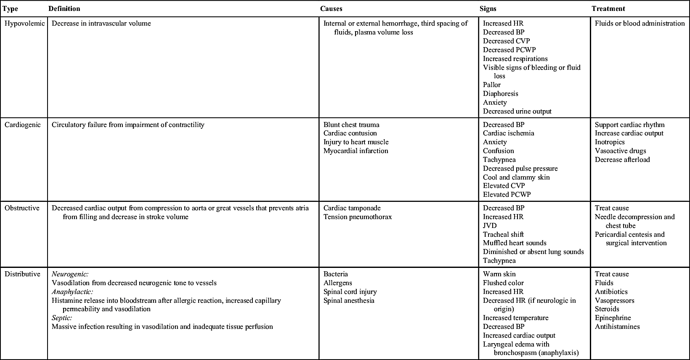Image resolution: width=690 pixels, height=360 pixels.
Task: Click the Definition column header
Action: pyautogui.click(x=64, y=8)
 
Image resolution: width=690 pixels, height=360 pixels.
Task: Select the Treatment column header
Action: pyautogui.click(x=608, y=8)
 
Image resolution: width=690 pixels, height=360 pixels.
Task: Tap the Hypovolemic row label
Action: pyautogui.click(x=24, y=24)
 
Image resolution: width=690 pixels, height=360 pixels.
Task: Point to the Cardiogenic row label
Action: pyautogui.click(x=23, y=124)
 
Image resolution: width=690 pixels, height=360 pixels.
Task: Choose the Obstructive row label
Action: pyautogui.click(x=22, y=208)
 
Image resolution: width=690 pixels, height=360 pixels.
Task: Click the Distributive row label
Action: pyautogui.click(x=22, y=274)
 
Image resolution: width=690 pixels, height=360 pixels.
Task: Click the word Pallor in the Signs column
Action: pyautogui.click(x=491, y=85)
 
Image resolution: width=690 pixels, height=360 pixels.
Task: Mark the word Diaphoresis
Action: pyautogui.click(x=500, y=94)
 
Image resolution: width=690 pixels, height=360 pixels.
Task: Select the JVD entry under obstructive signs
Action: pyautogui.click(x=490, y=225)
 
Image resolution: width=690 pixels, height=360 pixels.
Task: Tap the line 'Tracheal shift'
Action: pyautogui.click(x=503, y=234)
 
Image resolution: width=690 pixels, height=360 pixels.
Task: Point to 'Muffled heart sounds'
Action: pyautogui.click(x=515, y=243)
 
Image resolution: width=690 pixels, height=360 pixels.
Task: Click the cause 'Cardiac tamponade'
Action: pyautogui.click(x=352, y=208)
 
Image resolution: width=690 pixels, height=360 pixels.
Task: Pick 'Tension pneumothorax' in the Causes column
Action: pyautogui.click(x=357, y=217)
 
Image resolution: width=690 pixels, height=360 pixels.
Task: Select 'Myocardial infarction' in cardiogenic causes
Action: pyautogui.click(x=356, y=151)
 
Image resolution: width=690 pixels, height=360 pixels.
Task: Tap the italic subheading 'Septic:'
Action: pyautogui.click(x=62, y=318)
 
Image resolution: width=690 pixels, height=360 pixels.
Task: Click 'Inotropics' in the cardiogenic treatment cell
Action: pyautogui.click(x=610, y=142)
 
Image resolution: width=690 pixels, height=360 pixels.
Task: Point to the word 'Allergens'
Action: pyautogui.click(x=337, y=283)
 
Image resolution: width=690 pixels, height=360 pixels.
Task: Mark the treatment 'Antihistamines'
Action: pyautogui.click(x=617, y=327)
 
